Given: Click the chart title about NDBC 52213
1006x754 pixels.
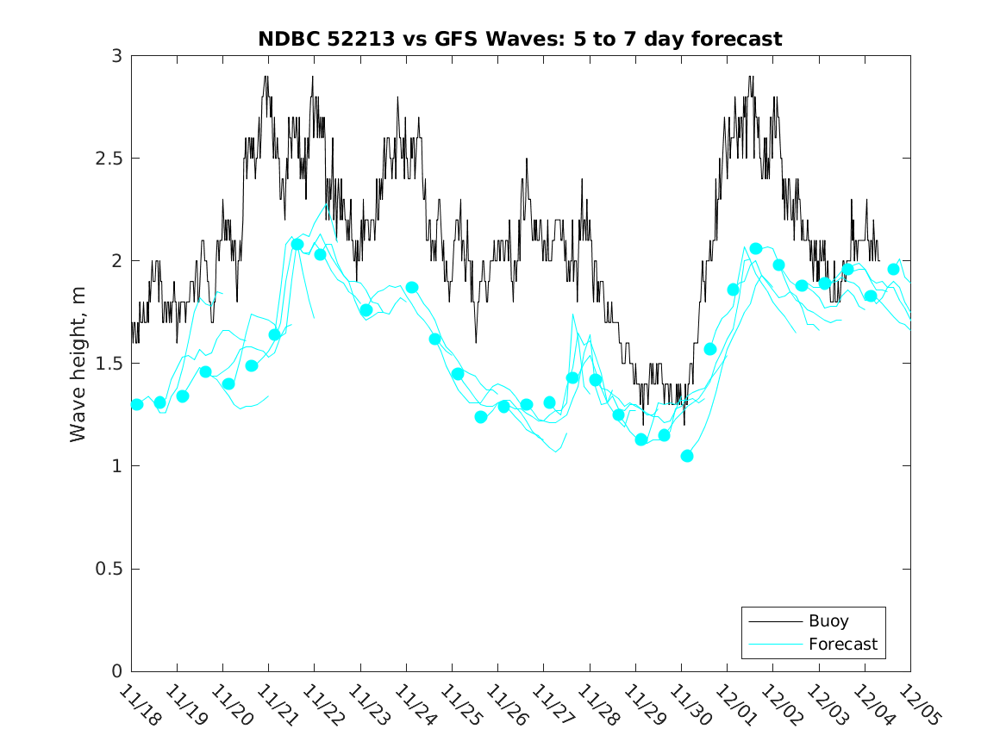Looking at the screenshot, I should point(520,39).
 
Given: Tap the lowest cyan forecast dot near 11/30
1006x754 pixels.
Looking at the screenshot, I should point(687,456).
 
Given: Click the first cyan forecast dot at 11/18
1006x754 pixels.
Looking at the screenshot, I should point(137,404).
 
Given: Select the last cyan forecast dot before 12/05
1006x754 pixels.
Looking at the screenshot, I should point(893,270).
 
